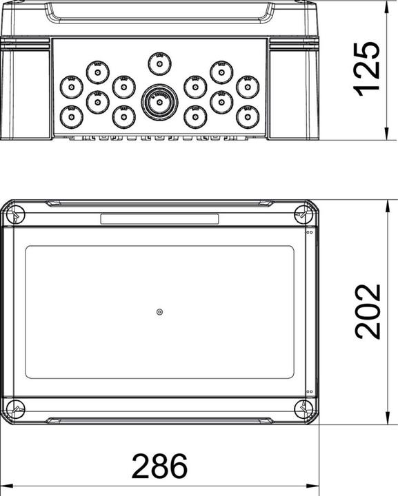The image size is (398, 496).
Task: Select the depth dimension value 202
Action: point(366,311)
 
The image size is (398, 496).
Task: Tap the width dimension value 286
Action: point(159,466)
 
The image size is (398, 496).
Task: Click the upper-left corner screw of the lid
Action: point(15,216)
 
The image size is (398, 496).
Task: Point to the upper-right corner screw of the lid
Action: point(304,216)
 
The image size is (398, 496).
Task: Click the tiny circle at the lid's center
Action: point(159,312)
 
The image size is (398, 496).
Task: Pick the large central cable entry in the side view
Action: point(159,101)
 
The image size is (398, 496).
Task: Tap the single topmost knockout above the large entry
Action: point(159,65)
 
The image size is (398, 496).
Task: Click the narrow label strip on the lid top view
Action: point(159,219)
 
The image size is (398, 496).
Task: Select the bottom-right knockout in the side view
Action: point(247,116)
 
